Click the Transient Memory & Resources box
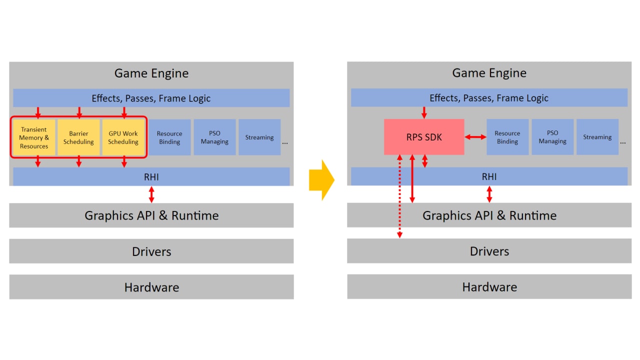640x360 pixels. [34, 137]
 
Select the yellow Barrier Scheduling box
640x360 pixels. [78, 137]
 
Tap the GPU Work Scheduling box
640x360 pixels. [123, 137]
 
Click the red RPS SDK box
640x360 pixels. [424, 137]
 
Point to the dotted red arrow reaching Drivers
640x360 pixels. [399, 200]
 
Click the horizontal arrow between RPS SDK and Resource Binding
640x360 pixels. [475, 137]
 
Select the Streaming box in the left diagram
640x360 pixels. [259, 137]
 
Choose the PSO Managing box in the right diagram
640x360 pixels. [552, 137]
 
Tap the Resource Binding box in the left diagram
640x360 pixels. [169, 137]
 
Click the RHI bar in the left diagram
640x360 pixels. [151, 176]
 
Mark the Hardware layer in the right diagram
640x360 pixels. [489, 287]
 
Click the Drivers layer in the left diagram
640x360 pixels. [151, 251]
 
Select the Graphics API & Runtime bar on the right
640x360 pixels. [489, 215]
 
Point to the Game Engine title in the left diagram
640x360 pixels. [151, 73]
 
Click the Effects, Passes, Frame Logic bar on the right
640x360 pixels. [489, 98]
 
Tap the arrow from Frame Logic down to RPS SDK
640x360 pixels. [424, 112]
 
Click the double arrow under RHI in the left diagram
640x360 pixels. [151, 194]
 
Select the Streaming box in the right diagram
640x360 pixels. [597, 137]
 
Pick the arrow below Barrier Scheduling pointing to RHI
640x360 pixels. [78, 161]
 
